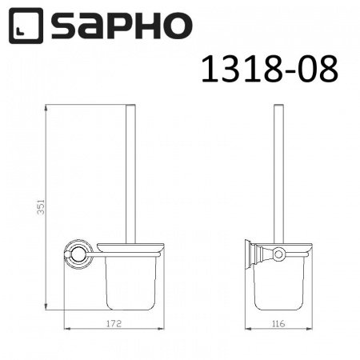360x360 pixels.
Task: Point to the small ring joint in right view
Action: point(278,254)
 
